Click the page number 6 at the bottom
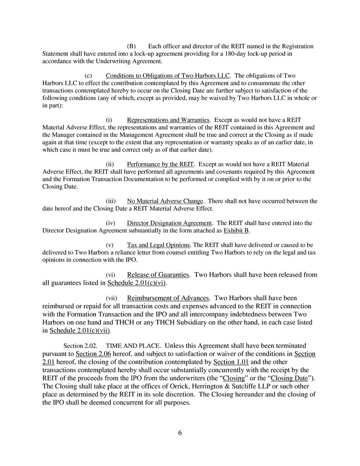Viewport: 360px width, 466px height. (x=180, y=433)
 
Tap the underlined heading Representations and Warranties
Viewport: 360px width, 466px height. (x=169, y=120)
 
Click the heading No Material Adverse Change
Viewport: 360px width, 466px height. (x=165, y=201)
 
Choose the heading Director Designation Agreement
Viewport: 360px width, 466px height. (x=169, y=223)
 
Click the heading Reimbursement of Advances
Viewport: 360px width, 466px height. (x=169, y=298)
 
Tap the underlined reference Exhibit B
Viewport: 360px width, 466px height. (x=237, y=231)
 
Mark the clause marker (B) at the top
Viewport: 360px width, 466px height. (x=131, y=46)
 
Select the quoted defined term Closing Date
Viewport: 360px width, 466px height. (x=290, y=378)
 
